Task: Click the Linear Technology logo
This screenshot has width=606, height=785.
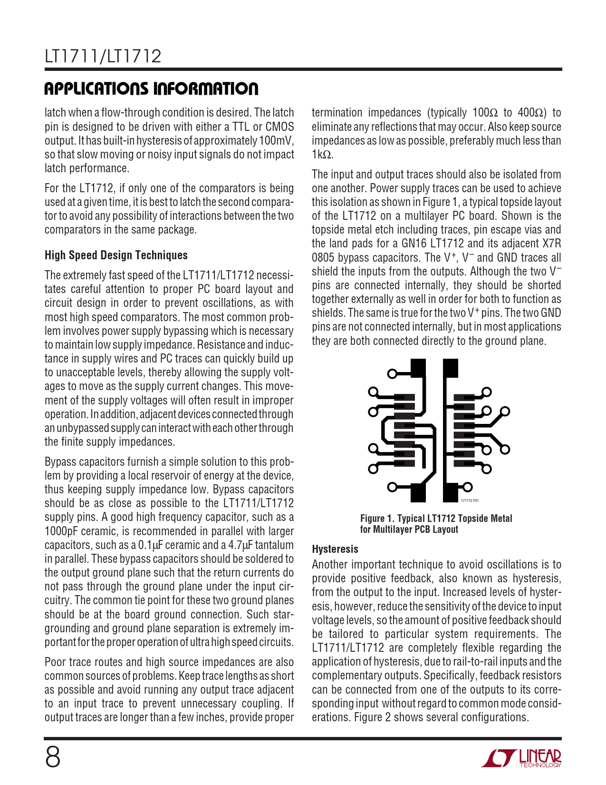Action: point(521,758)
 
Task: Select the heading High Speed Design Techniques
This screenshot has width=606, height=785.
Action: point(116,255)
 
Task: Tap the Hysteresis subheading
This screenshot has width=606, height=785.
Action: point(335,549)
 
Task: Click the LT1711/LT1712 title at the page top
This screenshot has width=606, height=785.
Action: point(103,57)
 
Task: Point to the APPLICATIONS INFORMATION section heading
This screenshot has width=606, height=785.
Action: point(151,88)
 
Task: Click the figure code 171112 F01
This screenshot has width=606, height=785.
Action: point(470,500)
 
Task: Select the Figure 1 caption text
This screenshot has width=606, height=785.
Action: point(436,524)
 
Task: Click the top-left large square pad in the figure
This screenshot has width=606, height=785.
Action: point(418,368)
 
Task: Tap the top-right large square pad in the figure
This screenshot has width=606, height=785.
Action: point(451,368)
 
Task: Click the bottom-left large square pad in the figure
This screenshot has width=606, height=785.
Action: point(418,492)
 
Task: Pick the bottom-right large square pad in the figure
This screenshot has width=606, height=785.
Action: point(450,492)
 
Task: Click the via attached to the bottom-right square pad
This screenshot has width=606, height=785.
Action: point(468,487)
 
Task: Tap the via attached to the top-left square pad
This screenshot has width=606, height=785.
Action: point(392,373)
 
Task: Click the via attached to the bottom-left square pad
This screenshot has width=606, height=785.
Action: point(392,487)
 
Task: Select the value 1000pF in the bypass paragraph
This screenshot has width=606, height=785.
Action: point(62,531)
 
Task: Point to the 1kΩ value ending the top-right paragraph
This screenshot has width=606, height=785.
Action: point(322,155)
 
